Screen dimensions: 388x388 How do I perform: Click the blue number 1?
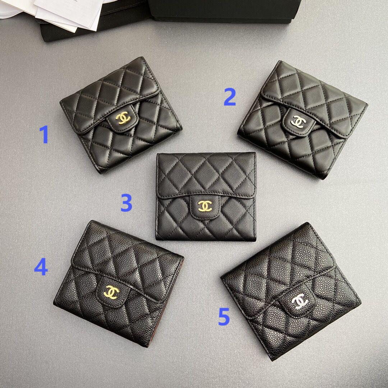click(x=45, y=134)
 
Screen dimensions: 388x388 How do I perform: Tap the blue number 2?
click(x=230, y=97)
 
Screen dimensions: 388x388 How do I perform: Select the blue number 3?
click(x=126, y=202)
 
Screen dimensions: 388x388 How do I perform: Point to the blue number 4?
click(x=41, y=267)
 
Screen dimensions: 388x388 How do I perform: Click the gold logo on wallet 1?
click(x=123, y=118)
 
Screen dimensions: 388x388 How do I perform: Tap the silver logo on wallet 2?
click(x=299, y=121)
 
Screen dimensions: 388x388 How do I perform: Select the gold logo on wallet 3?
click(x=205, y=206)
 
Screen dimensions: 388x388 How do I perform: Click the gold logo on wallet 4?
click(x=111, y=292)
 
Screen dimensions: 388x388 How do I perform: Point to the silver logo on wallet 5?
click(x=300, y=301)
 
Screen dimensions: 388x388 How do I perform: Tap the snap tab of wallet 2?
click(x=299, y=121)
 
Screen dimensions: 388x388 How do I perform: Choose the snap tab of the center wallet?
click(x=205, y=207)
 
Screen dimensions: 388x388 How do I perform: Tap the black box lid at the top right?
click(x=224, y=10)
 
